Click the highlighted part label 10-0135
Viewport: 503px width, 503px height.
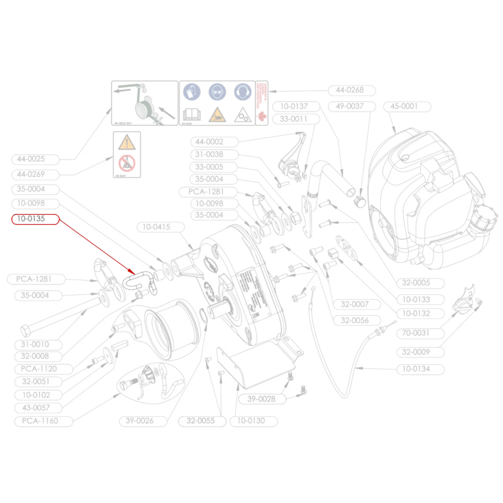[x=31, y=219]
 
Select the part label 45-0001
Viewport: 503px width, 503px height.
[x=404, y=106]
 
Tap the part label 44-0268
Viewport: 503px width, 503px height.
[x=350, y=90]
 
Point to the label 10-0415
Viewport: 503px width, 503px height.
[x=156, y=227]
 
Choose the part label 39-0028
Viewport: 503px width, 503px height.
[x=261, y=399]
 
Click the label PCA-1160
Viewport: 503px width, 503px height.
[x=40, y=421]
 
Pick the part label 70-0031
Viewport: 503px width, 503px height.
[x=415, y=333]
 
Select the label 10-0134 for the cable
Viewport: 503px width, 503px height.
[x=416, y=369]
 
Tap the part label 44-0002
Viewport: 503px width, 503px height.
[x=209, y=142]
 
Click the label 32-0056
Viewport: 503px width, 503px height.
[x=355, y=321]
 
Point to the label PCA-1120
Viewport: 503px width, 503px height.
[x=39, y=369]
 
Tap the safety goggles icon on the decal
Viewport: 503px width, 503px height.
[x=217, y=92]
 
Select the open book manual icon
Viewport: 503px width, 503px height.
[x=192, y=114]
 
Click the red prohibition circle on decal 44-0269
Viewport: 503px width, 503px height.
[x=127, y=163]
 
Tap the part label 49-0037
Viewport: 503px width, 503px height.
[x=350, y=106]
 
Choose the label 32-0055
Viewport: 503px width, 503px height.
[x=200, y=421]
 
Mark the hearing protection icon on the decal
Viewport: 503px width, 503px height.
[x=242, y=92]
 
